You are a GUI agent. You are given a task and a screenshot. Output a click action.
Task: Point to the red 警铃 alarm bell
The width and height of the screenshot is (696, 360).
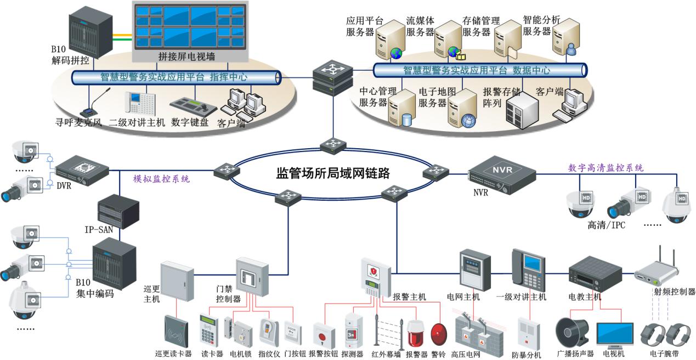click(x=439, y=334)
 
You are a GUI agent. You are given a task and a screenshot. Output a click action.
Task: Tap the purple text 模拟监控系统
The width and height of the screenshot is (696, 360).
click(x=162, y=179)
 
